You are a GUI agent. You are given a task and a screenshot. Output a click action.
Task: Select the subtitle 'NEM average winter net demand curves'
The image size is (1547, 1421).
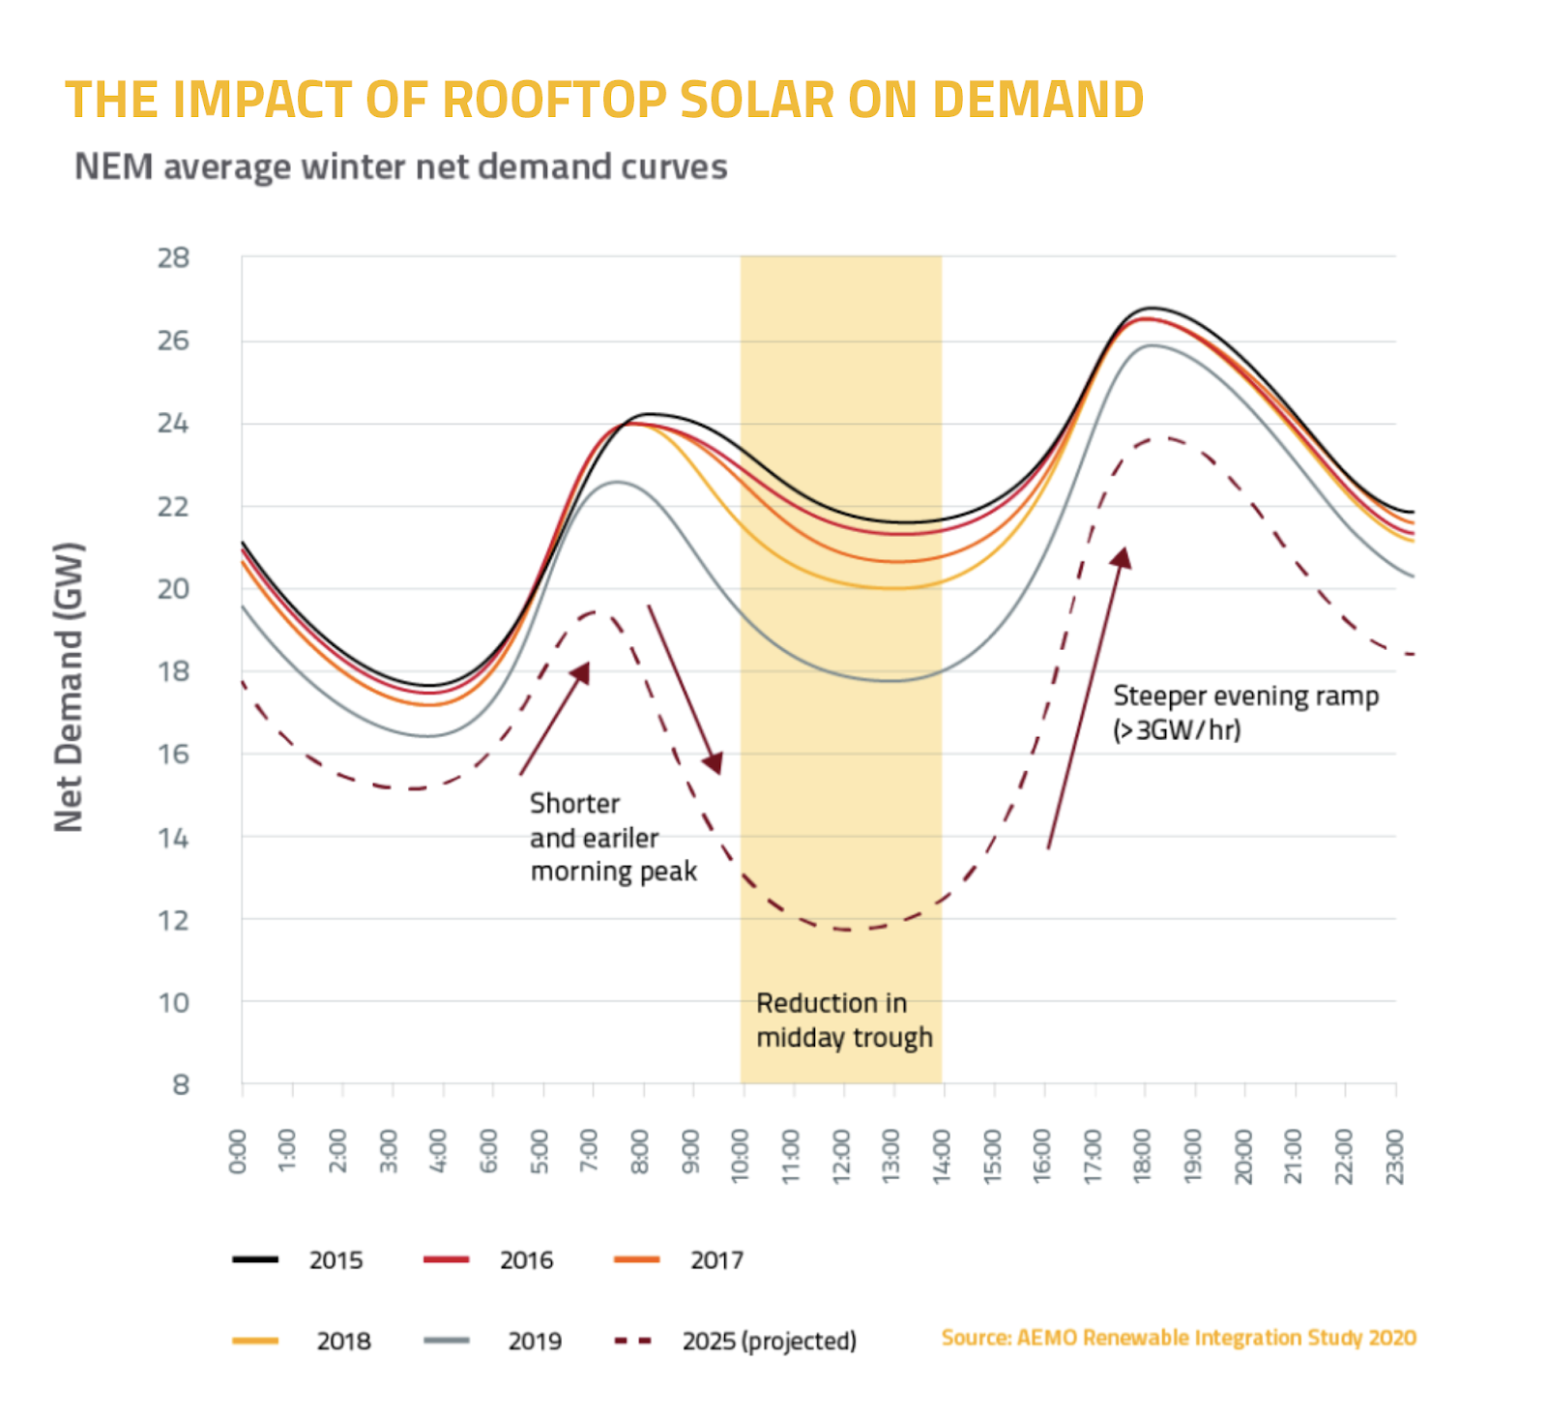click(401, 166)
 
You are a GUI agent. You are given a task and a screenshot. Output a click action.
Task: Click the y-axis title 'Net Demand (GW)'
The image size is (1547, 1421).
click(69, 686)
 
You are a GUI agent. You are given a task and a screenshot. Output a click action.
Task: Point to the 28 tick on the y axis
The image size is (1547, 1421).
click(174, 258)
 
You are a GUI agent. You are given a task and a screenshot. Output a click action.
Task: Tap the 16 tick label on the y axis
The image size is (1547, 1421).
click(174, 754)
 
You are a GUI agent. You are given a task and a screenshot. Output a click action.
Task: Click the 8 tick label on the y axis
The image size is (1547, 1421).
click(181, 1084)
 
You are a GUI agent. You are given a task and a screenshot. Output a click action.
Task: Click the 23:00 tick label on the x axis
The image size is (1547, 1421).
click(1394, 1156)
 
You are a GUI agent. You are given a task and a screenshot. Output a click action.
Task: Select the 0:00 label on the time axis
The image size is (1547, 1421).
click(238, 1151)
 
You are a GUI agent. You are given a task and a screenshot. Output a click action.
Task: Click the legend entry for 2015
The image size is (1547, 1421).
click(298, 1259)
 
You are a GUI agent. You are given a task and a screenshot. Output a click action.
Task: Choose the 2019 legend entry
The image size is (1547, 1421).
click(493, 1341)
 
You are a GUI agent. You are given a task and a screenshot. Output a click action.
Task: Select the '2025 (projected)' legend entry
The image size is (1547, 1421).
click(736, 1341)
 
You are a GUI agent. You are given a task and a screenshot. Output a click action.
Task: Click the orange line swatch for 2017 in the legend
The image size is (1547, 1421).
click(637, 1259)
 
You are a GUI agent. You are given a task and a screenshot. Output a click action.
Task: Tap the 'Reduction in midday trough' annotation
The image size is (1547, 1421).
click(845, 1021)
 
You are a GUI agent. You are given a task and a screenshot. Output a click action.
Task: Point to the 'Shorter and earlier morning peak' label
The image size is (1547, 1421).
click(613, 837)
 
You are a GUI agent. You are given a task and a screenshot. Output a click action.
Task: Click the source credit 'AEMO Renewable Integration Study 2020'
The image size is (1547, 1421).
click(1216, 1338)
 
